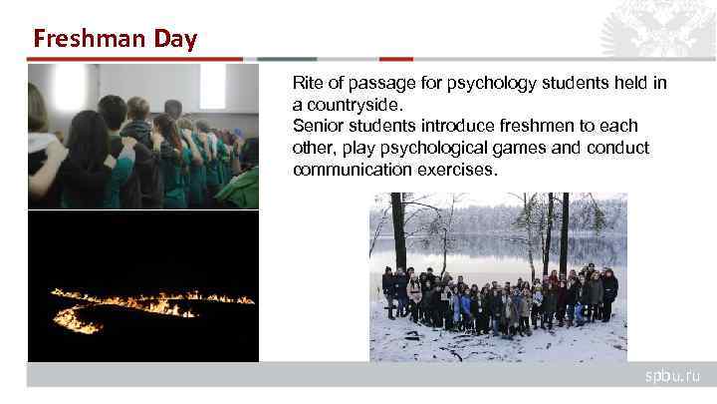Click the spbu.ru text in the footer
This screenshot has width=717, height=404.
[673, 375]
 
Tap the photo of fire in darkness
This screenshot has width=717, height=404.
[143, 286]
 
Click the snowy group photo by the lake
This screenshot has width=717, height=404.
[498, 276]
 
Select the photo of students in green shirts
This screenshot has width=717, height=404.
[143, 136]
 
